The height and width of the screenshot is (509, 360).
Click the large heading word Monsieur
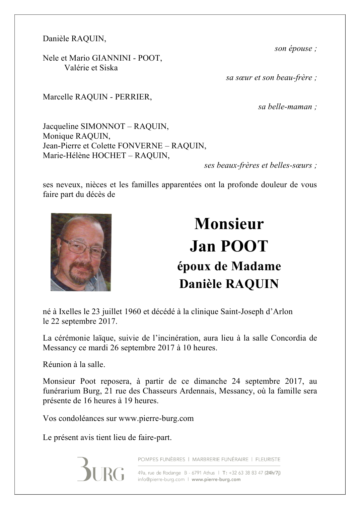coord(229,224)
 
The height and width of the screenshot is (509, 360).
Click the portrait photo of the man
coord(81,252)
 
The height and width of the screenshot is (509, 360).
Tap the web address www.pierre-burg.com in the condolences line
coord(156,418)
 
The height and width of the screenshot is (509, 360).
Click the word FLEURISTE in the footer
coord(268,459)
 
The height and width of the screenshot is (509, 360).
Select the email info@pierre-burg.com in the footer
coord(161,479)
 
